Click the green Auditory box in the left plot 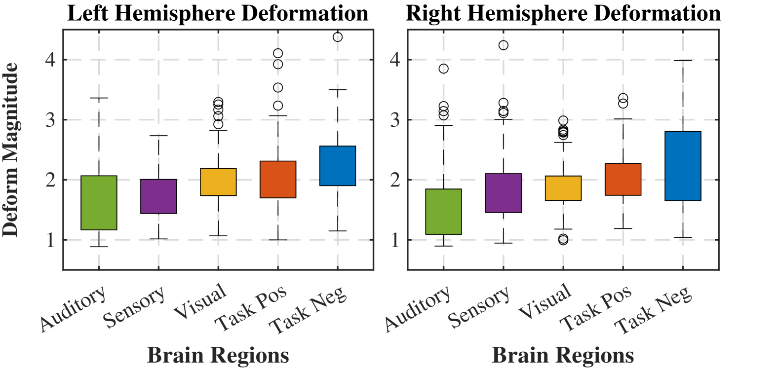click(99, 203)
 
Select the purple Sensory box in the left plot click(158, 196)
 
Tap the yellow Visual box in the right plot click(563, 188)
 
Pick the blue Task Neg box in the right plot click(683, 166)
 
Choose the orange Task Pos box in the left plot click(278, 180)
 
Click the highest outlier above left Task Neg click(338, 37)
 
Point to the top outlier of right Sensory click(504, 45)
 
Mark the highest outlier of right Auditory click(444, 69)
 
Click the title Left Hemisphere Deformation click(218, 13)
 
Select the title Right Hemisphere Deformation click(563, 13)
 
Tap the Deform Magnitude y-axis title click(10, 149)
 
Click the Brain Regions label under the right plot click(563, 355)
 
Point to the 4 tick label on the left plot click(50, 60)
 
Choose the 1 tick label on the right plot click(395, 240)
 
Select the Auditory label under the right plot click(418, 308)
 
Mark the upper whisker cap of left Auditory click(99, 98)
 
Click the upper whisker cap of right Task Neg click(683, 60)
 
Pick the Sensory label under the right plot click(479, 307)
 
